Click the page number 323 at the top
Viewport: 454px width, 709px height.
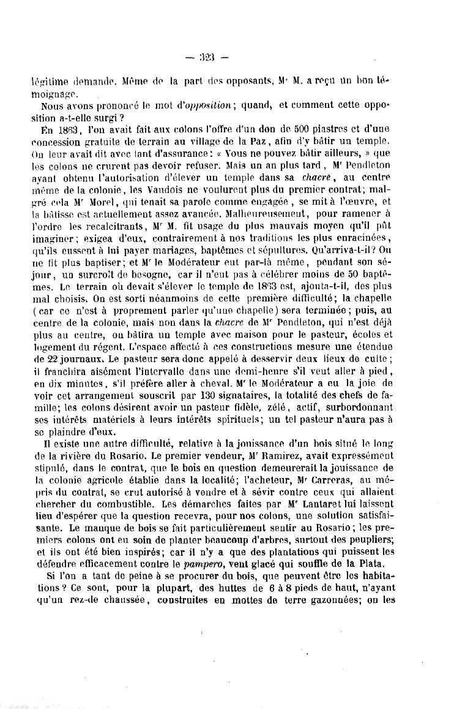click(x=208, y=58)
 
